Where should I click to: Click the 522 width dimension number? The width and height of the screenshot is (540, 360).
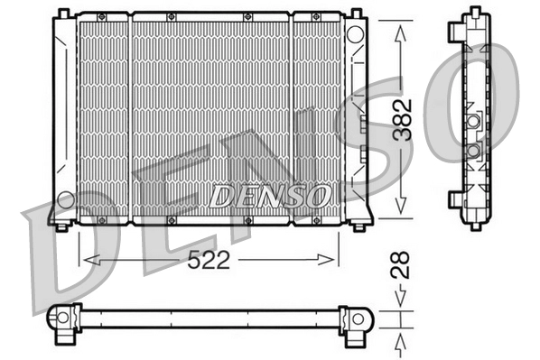pos(209,260)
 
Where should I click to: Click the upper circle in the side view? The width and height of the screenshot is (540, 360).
pos(473,121)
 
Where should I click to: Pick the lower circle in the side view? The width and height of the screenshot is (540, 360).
pos(473,150)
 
